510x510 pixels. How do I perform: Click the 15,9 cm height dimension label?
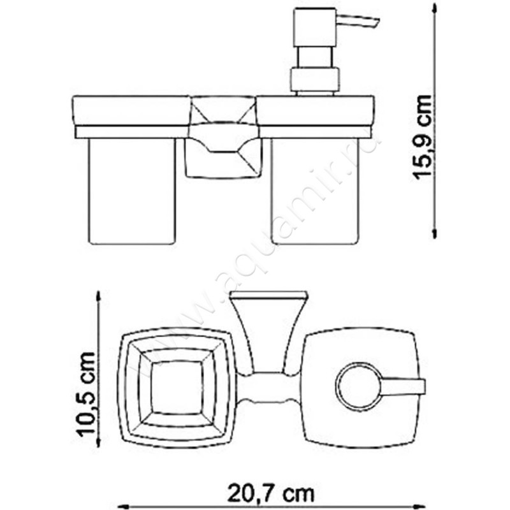(422, 137)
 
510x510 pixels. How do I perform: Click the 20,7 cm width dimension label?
(272, 492)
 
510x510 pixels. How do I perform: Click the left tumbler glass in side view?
(131, 191)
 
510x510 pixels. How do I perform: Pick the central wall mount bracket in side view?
(223, 153)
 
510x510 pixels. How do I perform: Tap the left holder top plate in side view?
(131, 111)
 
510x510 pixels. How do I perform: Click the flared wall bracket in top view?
(268, 331)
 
